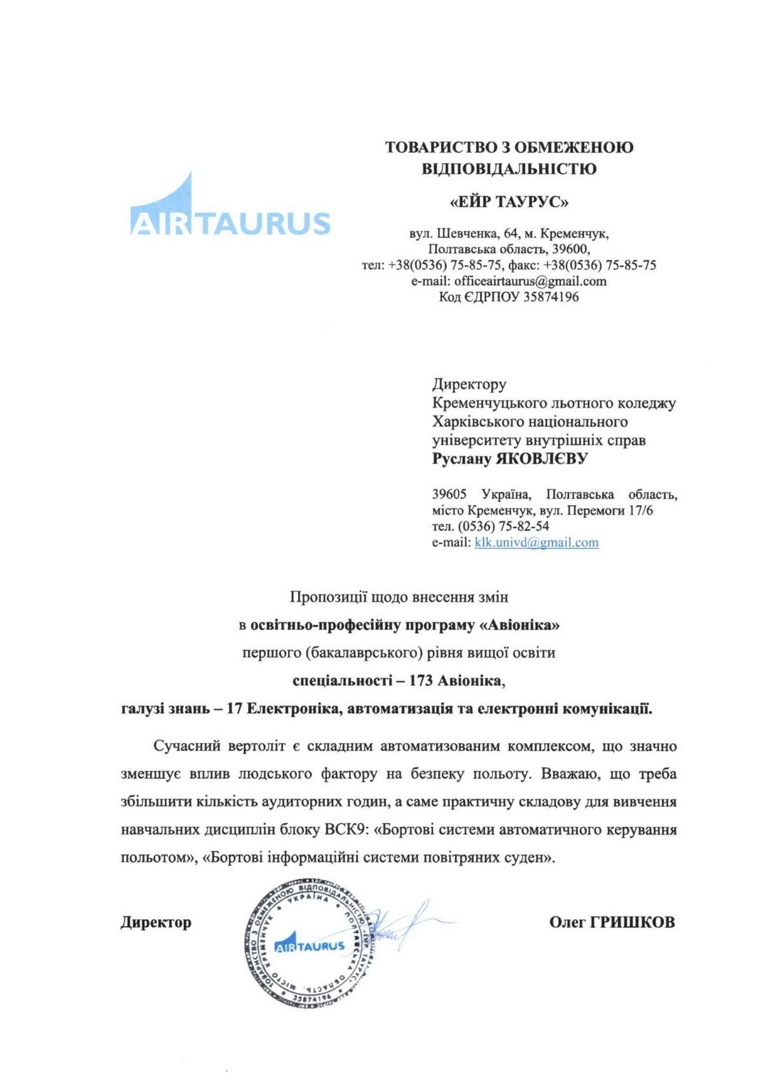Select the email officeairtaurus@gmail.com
click(530, 281)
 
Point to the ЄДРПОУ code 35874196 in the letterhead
click(551, 297)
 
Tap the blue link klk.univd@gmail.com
click(536, 542)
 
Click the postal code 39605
click(450, 495)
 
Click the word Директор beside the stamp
click(156, 922)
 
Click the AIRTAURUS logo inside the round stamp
click(309, 945)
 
